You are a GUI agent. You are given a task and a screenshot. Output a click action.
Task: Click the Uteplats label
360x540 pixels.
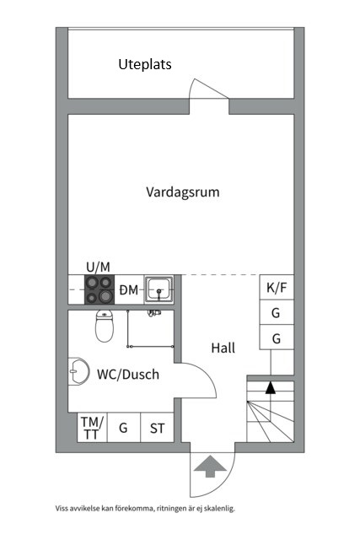click(x=145, y=64)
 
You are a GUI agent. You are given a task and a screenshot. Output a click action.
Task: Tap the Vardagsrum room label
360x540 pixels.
click(x=183, y=192)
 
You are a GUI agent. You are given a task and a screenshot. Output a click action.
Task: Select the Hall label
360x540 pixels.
click(x=223, y=348)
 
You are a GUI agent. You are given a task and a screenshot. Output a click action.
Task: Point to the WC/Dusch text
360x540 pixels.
click(x=128, y=375)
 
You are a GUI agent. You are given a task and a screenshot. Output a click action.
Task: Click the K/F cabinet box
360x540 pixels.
click(x=277, y=287)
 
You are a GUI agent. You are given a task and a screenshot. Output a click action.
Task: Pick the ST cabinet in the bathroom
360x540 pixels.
click(x=158, y=428)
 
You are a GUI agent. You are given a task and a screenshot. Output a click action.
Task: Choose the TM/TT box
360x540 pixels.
click(x=92, y=428)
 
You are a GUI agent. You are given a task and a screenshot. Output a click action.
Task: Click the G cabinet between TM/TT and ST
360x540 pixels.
click(x=124, y=428)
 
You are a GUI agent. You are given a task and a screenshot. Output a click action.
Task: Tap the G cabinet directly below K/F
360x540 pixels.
click(x=277, y=312)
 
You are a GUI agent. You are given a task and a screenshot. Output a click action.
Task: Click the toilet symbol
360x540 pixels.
click(x=105, y=326)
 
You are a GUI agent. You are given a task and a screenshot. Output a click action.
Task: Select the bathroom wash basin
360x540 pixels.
click(x=78, y=371)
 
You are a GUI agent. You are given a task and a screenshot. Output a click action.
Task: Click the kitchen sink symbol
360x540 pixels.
click(x=159, y=289)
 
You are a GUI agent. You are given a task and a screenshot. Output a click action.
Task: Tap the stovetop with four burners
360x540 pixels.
click(x=99, y=289)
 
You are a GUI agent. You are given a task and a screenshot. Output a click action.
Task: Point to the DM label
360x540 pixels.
click(x=129, y=290)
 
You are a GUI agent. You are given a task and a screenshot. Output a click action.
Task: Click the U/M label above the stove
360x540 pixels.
click(x=98, y=267)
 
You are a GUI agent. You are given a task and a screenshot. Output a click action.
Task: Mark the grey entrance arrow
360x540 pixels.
click(x=210, y=467)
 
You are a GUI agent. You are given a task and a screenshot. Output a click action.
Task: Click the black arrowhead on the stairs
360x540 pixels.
click(x=271, y=387)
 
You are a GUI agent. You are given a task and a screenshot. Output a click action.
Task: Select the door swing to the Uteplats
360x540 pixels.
click(x=208, y=88)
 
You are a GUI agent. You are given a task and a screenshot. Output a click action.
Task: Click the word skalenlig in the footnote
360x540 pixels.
click(x=220, y=508)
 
